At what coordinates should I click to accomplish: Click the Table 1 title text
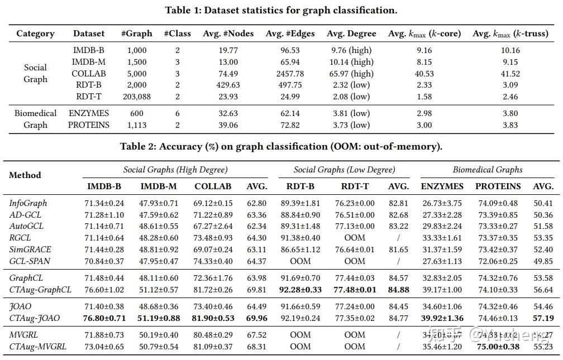coord(281,10)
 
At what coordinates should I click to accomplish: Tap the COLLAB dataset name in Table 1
coord(89,74)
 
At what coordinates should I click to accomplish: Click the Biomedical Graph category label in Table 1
coord(35,119)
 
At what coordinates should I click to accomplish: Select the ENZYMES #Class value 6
coord(177,113)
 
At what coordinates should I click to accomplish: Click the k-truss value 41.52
coord(510,74)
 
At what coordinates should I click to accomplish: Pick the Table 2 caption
coord(281,147)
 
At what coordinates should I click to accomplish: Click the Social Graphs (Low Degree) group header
coord(344,170)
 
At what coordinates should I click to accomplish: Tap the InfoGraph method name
coord(28,203)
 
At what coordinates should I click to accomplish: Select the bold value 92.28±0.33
coord(300,290)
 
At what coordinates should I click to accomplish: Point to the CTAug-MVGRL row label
coord(38,347)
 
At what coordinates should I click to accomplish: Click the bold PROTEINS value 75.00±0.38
coord(498,347)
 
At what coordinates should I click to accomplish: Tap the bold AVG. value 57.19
coord(543,318)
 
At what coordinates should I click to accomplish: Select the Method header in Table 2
coord(25,175)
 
